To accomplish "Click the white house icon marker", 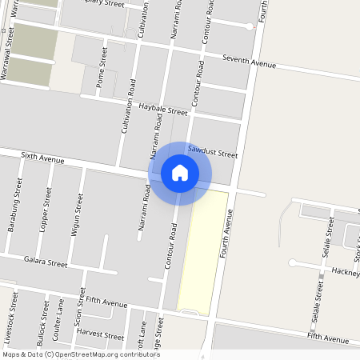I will click(x=180, y=172).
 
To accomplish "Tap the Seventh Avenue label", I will click(x=249, y=62).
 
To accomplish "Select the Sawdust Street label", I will click(x=213, y=151).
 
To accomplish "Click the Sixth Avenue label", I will click(x=42, y=158).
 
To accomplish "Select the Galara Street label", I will click(x=46, y=262).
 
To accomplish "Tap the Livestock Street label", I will click(x=11, y=314).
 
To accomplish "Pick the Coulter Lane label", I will click(x=57, y=320).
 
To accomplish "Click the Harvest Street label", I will click(x=101, y=336).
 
